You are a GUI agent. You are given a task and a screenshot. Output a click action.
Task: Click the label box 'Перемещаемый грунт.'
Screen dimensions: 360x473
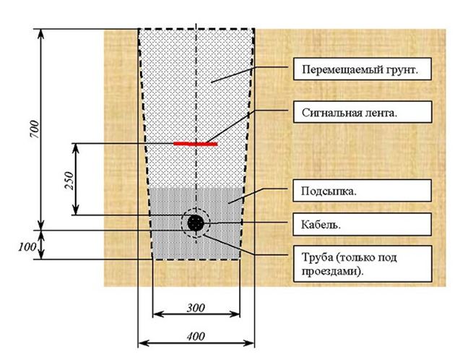coord(362,70)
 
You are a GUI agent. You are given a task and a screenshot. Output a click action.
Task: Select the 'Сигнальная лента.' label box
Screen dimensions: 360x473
coord(362,112)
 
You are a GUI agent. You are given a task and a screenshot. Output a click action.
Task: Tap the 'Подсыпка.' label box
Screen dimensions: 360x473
coord(362,191)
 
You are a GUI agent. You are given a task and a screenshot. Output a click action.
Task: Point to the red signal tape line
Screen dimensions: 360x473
coord(195,143)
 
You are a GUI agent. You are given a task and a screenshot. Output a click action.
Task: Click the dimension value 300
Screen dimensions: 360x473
coord(195,307)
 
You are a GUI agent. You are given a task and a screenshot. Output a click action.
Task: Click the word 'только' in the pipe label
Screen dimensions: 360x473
coord(358,258)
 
